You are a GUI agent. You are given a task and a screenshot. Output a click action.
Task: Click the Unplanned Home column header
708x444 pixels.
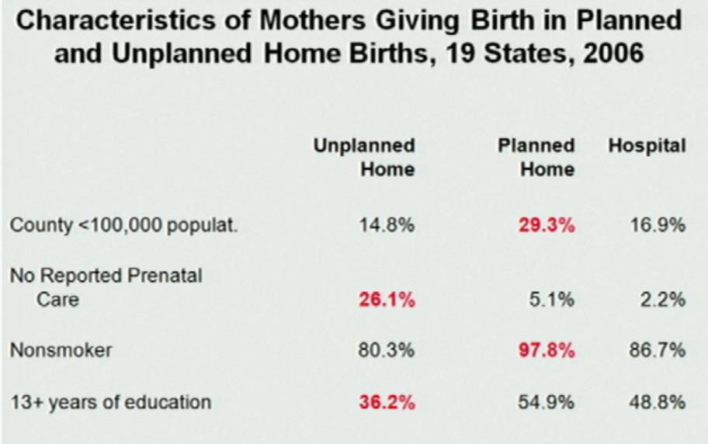[x=364, y=157]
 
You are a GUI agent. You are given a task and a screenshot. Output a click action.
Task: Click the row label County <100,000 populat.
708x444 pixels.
[x=102, y=226]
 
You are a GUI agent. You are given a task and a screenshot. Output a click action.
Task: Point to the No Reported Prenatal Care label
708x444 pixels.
[x=106, y=287]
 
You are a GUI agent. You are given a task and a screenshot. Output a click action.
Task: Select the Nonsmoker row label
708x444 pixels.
[x=61, y=350]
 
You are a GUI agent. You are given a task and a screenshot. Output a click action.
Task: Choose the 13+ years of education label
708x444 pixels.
[x=110, y=402]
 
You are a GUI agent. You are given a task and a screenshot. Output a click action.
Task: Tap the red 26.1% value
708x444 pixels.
[x=387, y=300]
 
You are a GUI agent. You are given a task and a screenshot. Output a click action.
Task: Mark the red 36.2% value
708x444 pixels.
[x=387, y=403]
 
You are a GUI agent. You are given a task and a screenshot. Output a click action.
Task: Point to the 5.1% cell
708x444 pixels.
[x=552, y=300]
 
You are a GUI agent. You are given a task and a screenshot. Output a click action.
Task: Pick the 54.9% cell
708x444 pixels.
[x=548, y=403]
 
